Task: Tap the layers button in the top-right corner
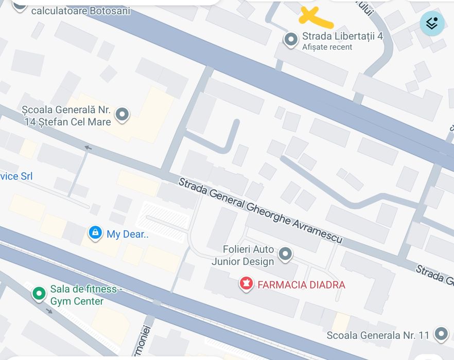[x=432, y=23]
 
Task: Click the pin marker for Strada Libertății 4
[x=291, y=39]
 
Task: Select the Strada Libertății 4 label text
[x=342, y=36]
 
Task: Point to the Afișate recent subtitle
[x=327, y=47]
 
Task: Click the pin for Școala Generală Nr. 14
[x=122, y=114]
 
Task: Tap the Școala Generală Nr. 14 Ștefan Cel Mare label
[x=67, y=116]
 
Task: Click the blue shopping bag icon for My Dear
[x=95, y=232]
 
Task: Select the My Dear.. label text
[x=127, y=235]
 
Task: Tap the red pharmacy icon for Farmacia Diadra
[x=246, y=283]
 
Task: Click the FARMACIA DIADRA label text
[x=301, y=285]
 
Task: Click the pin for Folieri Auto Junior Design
[x=285, y=254]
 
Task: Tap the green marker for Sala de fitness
[x=39, y=294]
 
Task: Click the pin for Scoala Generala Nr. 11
[x=441, y=334]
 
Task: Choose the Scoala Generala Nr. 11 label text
[x=378, y=335]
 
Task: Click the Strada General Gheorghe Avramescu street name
[x=260, y=211]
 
